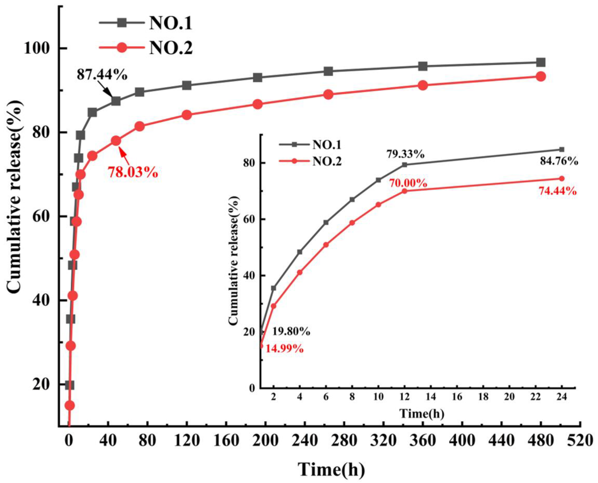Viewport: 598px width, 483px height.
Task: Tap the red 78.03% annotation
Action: pos(133,172)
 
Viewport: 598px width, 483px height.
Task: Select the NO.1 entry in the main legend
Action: pos(170,24)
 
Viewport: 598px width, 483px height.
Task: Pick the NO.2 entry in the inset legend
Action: pos(326,161)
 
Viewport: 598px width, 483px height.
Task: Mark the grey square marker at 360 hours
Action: pos(422,66)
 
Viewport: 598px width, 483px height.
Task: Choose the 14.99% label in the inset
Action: pos(284,349)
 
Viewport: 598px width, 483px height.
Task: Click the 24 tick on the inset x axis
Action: pos(561,397)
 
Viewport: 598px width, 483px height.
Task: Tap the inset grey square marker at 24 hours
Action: pos(561,149)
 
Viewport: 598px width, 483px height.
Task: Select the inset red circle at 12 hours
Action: pos(405,191)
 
